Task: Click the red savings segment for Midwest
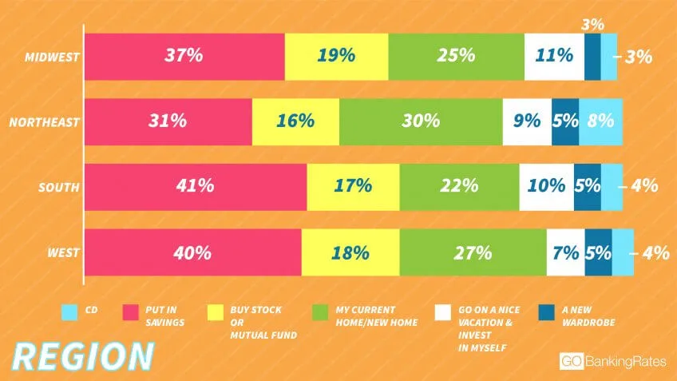pos(184,57)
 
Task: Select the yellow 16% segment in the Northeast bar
pos(295,121)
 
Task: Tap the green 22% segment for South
pos(459,186)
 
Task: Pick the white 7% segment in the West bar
pos(565,252)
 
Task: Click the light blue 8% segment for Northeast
pos(600,121)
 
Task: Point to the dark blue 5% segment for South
pos(587,186)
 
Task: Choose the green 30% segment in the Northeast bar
pos(421,121)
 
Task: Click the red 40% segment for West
pos(192,252)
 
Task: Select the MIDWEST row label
pos(51,58)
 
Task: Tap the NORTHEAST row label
pos(45,122)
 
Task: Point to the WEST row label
pos(63,252)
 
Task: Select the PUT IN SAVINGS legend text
pos(165,315)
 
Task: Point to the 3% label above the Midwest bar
pos(592,26)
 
